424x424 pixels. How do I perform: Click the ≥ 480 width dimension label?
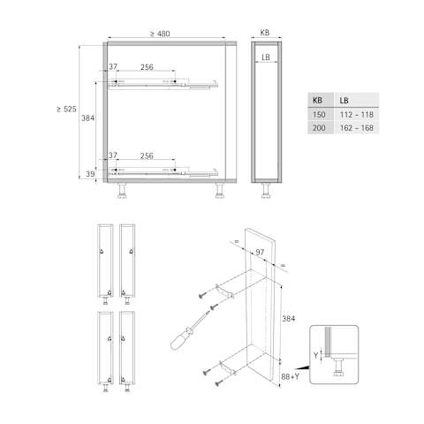pyautogui.click(x=160, y=34)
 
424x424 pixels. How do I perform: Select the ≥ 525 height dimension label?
pyautogui.click(x=66, y=109)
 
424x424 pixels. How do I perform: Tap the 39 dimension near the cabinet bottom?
pyautogui.click(x=90, y=174)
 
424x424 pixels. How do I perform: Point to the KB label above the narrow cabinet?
pyautogui.click(x=265, y=33)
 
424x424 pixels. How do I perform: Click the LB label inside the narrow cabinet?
pyautogui.click(x=266, y=57)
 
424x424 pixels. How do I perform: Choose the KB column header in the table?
pyautogui.click(x=317, y=101)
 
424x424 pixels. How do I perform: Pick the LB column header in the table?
pyautogui.click(x=344, y=101)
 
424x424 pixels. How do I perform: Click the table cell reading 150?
pyautogui.click(x=319, y=115)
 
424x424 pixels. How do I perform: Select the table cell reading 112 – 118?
pyautogui.click(x=357, y=115)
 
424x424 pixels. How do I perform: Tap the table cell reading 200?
pyautogui.click(x=319, y=128)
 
